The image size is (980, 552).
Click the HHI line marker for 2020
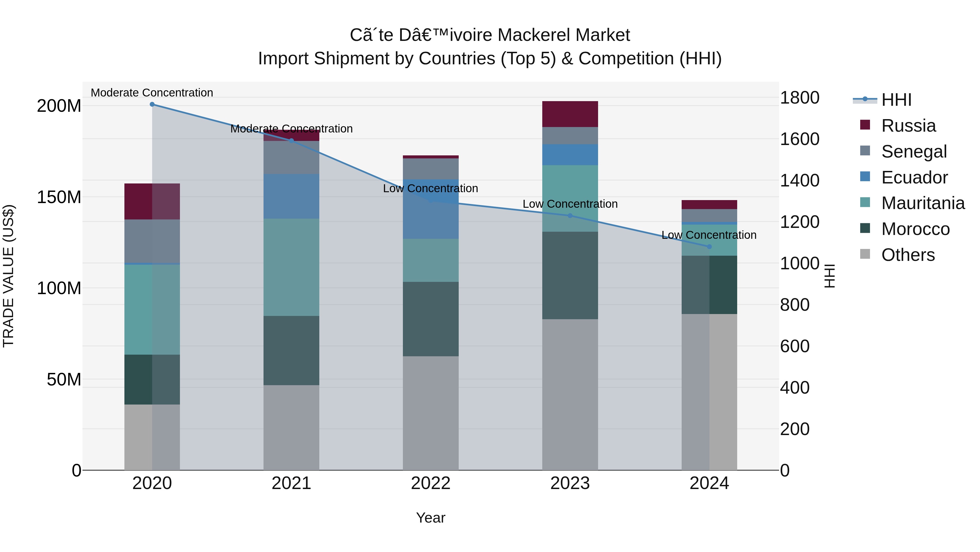pos(152,104)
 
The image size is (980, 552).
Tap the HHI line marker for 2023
pos(570,216)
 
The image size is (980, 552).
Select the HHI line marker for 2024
pos(709,246)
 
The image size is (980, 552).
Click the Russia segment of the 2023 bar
pos(570,114)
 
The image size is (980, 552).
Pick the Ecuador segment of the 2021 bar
pos(291,196)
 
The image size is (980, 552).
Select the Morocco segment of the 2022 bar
pos(431,319)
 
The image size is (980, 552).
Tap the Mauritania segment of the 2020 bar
pos(152,309)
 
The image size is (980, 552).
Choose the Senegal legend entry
pos(914,152)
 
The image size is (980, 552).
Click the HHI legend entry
pos(896,100)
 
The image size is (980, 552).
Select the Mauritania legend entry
pos(923,203)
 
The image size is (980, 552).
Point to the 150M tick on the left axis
pos(59,197)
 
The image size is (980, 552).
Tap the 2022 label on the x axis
pos(431,483)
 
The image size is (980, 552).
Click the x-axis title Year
pos(431,518)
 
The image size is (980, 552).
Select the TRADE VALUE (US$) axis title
pos(8,276)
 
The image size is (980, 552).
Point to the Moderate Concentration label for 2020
pos(152,93)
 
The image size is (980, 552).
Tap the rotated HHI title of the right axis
pos(829,276)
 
